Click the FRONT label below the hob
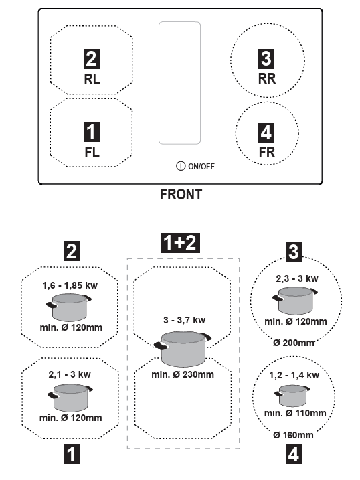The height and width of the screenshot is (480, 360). click(x=181, y=194)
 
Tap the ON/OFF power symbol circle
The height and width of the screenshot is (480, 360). click(x=181, y=166)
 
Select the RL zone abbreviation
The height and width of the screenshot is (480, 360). click(x=92, y=79)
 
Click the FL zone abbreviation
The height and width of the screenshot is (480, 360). click(x=92, y=152)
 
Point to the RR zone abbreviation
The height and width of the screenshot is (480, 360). click(x=267, y=79)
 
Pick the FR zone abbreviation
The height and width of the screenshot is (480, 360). click(x=267, y=152)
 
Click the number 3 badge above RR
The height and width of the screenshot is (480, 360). click(x=266, y=58)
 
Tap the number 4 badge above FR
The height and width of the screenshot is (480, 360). click(x=266, y=133)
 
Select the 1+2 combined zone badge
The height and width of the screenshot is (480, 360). click(x=181, y=243)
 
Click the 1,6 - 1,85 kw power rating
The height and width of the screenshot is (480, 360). click(x=70, y=285)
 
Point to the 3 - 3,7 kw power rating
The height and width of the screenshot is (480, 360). click(x=184, y=320)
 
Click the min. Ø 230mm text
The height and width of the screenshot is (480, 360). click(x=183, y=374)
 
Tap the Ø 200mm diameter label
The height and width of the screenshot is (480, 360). click(x=293, y=343)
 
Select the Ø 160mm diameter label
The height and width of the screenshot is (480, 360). click(x=293, y=435)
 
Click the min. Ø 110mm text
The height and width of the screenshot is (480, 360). click(x=295, y=413)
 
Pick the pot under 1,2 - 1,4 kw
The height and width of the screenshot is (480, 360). click(x=292, y=396)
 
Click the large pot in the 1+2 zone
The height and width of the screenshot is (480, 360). click(x=183, y=348)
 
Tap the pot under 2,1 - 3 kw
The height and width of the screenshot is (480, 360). click(x=70, y=398)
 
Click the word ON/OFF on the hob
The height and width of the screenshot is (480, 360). click(x=201, y=166)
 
